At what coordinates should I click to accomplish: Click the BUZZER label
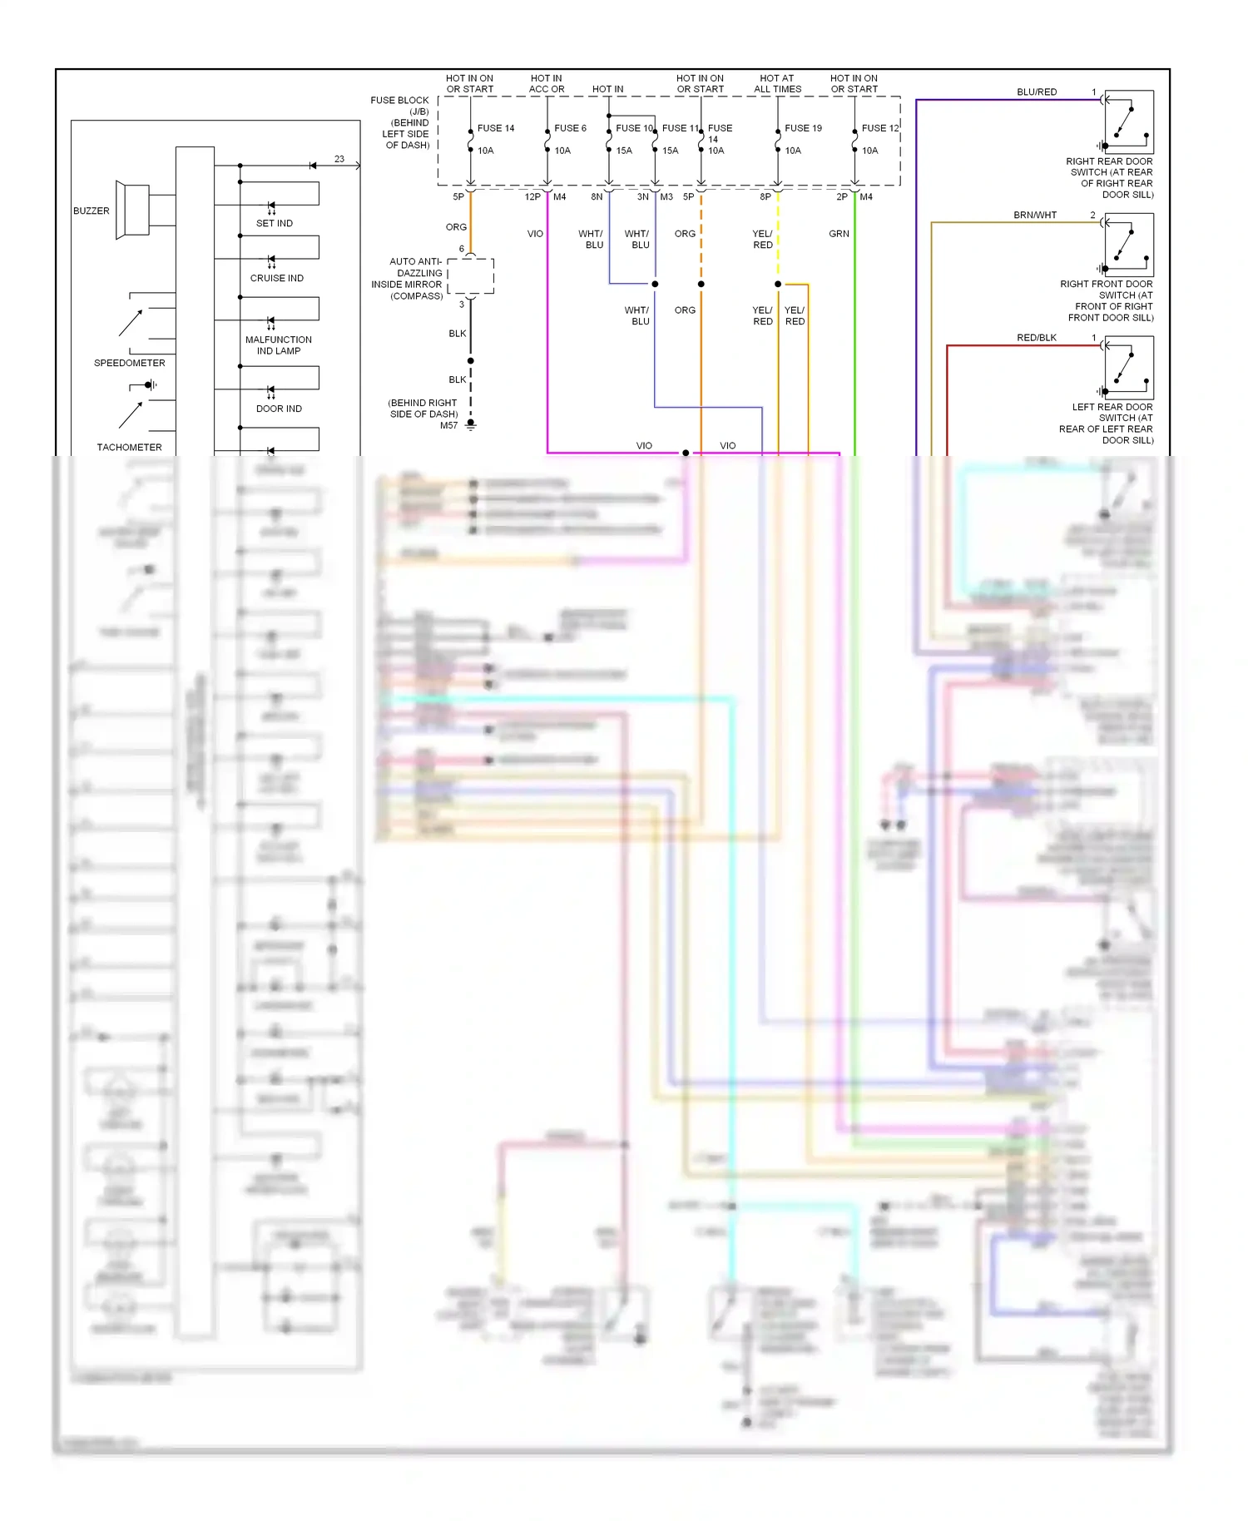tap(91, 211)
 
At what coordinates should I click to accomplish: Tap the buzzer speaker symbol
tap(132, 209)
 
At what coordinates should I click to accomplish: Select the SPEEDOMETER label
tap(129, 363)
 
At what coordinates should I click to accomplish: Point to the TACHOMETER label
tap(129, 448)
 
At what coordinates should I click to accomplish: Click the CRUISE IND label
tap(276, 278)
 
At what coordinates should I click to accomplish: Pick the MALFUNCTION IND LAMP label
tap(278, 345)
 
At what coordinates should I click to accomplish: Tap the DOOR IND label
tap(279, 409)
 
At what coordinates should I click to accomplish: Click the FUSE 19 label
tap(803, 128)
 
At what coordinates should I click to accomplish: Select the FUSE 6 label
tap(570, 128)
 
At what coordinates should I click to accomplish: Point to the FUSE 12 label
tap(880, 128)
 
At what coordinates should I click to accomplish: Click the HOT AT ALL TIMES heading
tap(777, 84)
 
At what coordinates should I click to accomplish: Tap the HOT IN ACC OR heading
tap(546, 84)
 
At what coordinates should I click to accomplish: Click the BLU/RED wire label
tap(1037, 92)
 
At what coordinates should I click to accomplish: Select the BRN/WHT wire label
tap(1035, 216)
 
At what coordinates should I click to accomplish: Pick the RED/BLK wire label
tap(1037, 338)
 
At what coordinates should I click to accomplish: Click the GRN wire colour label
tap(839, 234)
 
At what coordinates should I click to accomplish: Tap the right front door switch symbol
tap(1128, 245)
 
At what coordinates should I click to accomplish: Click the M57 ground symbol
tap(471, 425)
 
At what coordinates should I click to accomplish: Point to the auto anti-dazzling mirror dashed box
tap(471, 276)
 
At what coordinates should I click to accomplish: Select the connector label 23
tap(339, 159)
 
